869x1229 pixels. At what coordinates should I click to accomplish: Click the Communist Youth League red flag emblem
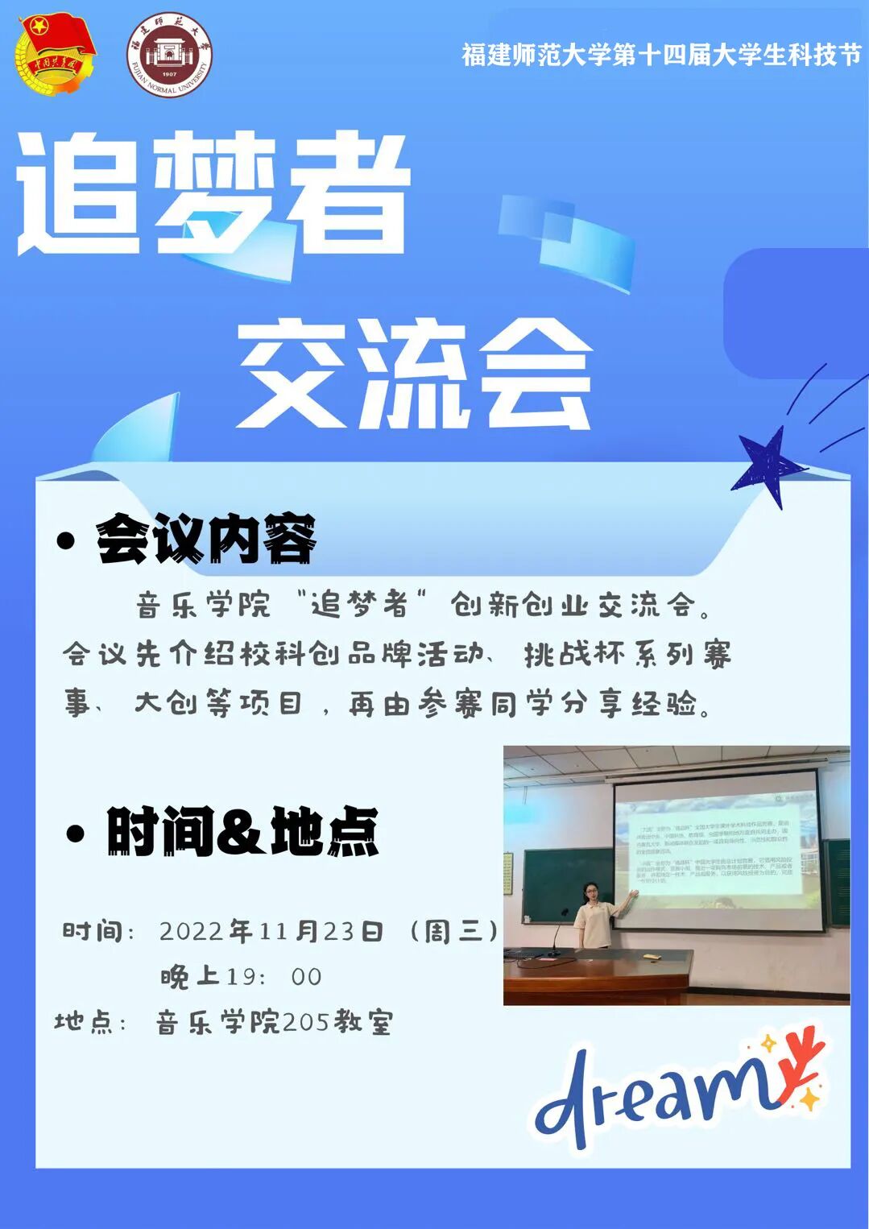[x=55, y=53]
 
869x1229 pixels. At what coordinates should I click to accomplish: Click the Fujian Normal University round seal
[x=168, y=54]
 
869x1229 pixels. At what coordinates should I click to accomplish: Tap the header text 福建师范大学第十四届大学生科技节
[x=660, y=54]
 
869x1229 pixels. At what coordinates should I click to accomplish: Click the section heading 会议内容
[x=206, y=540]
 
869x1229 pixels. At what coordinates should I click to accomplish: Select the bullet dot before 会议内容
[x=66, y=540]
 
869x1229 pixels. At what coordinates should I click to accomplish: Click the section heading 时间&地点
[x=242, y=832]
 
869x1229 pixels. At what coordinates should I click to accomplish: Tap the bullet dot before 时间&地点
[x=76, y=834]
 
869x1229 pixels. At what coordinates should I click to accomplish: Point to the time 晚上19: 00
[x=241, y=977]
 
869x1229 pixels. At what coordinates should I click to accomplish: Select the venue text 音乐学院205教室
[x=274, y=1023]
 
